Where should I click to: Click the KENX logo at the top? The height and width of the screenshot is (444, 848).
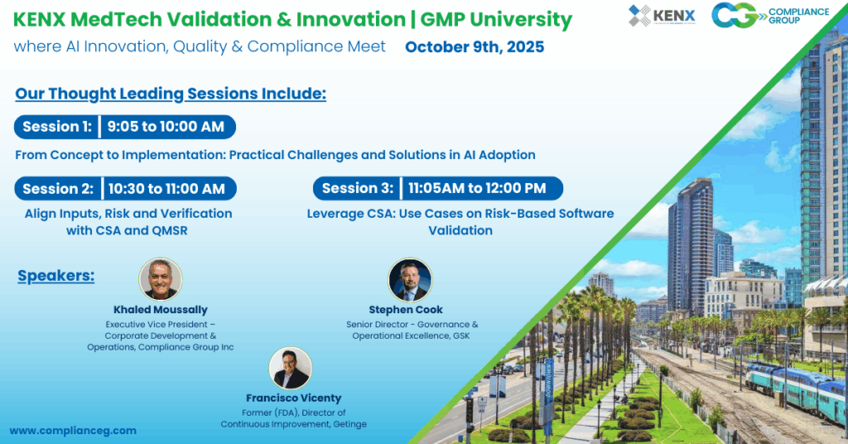tap(662, 16)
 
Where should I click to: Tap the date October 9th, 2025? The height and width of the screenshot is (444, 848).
tap(475, 47)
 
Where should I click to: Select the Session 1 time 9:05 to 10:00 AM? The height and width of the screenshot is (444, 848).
tap(166, 127)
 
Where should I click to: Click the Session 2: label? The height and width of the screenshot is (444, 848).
tap(58, 189)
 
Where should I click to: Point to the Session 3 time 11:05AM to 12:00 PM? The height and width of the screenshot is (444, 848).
tap(477, 188)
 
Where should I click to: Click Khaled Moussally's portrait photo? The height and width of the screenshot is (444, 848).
tap(161, 279)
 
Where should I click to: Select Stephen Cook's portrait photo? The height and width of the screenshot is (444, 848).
tap(410, 279)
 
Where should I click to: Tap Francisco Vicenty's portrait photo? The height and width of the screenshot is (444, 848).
tap(291, 368)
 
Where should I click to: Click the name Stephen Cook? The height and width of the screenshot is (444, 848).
tap(406, 310)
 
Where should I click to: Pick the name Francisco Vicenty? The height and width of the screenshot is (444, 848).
tap(293, 398)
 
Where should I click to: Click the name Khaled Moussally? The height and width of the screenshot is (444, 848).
tap(160, 310)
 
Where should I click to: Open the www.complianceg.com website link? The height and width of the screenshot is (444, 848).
tap(73, 431)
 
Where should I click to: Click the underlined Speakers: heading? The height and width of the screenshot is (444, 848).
tap(56, 276)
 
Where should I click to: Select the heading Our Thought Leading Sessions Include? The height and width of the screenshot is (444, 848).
tap(171, 94)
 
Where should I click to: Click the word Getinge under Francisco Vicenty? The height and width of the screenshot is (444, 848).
tap(348, 424)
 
